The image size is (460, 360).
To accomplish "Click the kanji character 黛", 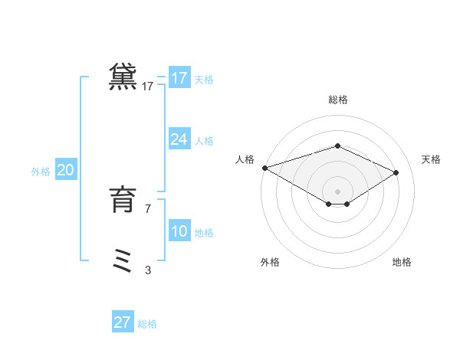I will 123,77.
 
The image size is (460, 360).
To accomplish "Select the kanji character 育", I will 123,200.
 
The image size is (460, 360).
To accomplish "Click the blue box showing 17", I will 179,78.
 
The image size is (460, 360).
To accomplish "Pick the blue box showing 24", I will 179,139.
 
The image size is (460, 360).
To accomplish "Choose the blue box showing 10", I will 179,231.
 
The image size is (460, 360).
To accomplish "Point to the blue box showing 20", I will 65,170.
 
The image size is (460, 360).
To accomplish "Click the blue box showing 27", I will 123,322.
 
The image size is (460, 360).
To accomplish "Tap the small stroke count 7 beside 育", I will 148,208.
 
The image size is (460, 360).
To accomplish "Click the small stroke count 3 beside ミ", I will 148,270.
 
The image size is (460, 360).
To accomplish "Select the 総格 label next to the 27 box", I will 148,324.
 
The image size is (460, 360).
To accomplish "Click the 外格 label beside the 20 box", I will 41,172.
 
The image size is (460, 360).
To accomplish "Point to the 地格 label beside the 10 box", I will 204,233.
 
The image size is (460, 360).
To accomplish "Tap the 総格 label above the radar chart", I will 337,100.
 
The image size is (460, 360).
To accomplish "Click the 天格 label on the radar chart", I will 431,159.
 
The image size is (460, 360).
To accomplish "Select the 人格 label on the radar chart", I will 245,159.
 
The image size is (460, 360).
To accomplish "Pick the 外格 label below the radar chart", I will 270,262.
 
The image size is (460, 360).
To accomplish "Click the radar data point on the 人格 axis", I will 264,168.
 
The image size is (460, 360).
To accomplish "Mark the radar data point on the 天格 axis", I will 396,172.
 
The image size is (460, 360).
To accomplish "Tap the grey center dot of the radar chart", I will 337,191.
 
